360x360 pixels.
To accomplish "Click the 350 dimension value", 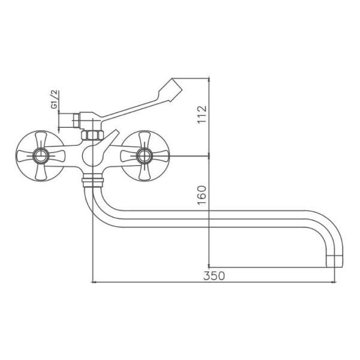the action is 214,276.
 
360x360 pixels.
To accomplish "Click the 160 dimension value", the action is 202,195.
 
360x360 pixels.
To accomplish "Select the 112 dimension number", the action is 202,115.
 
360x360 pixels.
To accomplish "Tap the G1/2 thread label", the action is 55,100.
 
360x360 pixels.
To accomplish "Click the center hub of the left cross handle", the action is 41,155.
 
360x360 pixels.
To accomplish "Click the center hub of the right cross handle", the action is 145,155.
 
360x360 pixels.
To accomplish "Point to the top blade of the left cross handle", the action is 41,140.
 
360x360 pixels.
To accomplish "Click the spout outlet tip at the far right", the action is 335,262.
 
